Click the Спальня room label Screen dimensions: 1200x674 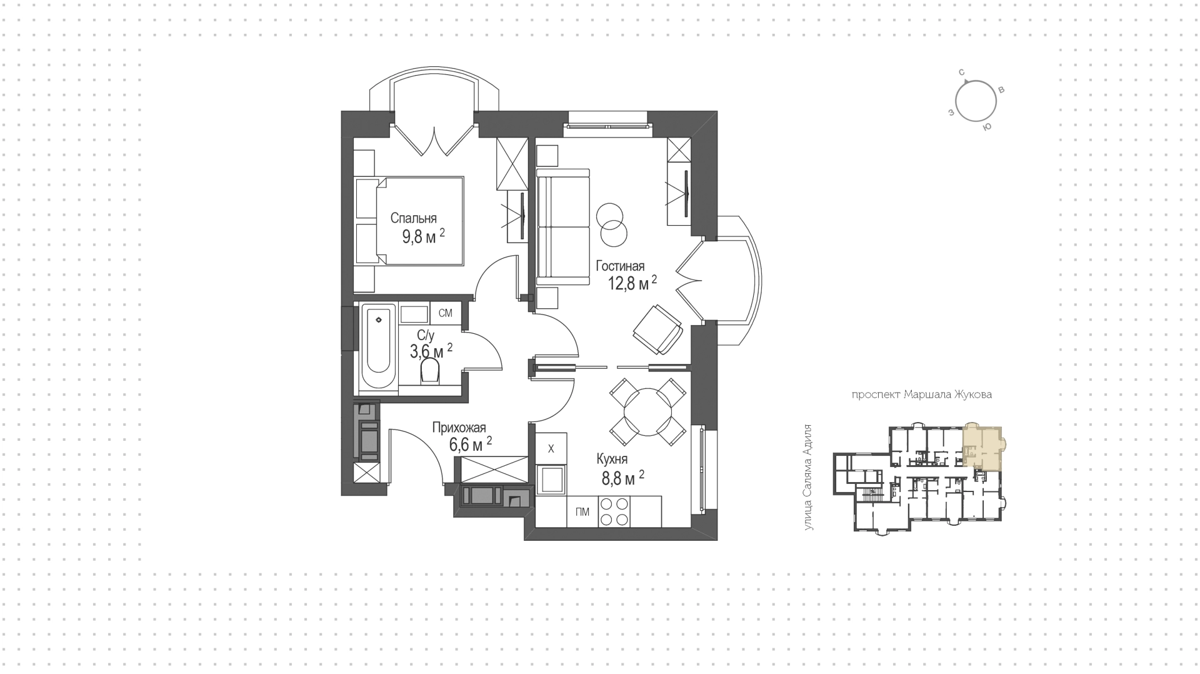point(413,218)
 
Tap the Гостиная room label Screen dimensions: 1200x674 point(620,266)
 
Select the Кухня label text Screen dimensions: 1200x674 point(612,460)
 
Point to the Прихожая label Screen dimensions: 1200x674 point(459,428)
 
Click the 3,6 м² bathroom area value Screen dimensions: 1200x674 point(431,351)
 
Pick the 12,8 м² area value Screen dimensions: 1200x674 point(632,283)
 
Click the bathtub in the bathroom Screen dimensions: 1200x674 point(379,346)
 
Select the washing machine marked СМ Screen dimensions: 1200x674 point(446,313)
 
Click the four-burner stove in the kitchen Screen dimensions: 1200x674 point(613,512)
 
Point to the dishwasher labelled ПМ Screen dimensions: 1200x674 point(582,512)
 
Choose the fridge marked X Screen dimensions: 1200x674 point(551,448)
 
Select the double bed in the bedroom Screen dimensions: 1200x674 point(409,221)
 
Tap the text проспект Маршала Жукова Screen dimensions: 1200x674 point(921,395)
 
